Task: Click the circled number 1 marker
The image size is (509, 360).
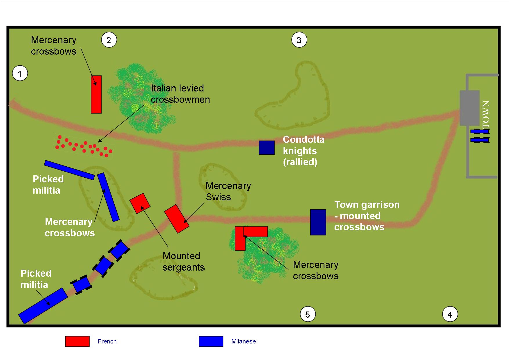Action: coord(20,74)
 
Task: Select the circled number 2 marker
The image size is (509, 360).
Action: coord(109,40)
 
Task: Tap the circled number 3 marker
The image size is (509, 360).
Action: coord(299,40)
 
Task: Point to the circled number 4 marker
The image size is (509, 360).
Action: coord(450,314)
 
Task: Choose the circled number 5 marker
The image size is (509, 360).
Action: coord(308,314)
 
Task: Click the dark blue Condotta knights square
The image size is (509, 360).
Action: coord(267,147)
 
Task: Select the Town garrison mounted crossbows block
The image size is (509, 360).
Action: coord(318,222)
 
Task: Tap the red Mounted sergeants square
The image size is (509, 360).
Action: coord(140,203)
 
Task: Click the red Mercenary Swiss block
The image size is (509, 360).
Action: coord(177,219)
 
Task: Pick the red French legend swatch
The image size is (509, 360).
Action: coord(77,341)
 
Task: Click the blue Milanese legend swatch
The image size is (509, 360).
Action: coord(211,341)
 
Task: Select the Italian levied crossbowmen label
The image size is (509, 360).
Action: coord(180,94)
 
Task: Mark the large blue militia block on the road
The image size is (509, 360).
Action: coord(43,306)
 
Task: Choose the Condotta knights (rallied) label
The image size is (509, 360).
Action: coord(304,151)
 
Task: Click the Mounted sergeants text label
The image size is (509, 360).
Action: coord(184,262)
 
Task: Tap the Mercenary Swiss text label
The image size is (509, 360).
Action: coord(228,191)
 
